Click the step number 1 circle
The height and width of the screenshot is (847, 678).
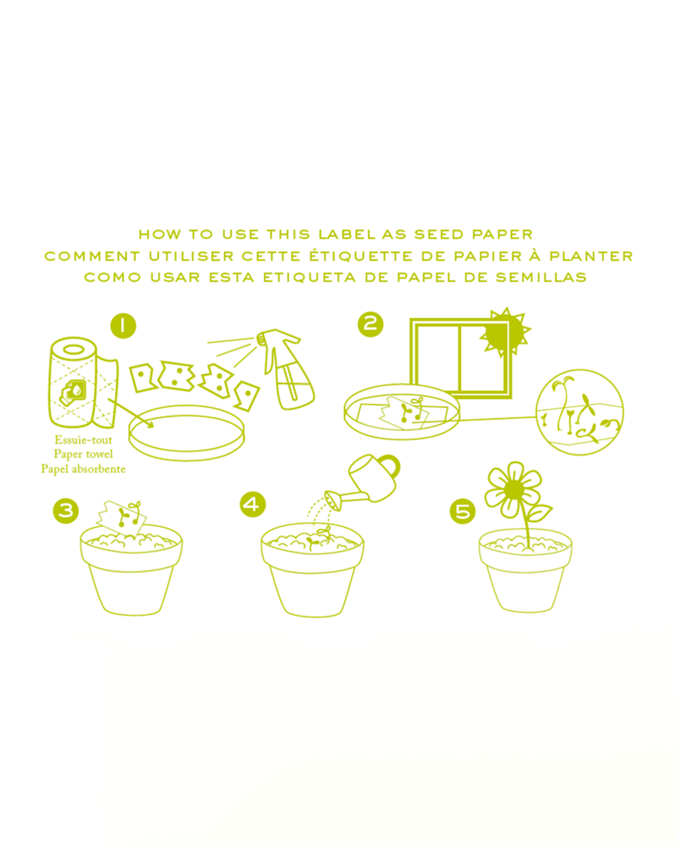(x=123, y=326)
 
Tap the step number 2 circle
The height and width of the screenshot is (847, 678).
(x=370, y=324)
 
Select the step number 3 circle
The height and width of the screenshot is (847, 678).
(x=66, y=511)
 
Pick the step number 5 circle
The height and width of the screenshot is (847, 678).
(x=463, y=512)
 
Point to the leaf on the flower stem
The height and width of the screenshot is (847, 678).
(x=540, y=513)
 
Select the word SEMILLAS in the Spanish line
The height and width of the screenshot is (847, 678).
(x=541, y=277)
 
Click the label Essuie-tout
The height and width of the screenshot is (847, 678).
(x=83, y=440)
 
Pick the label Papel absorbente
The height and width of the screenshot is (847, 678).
(x=83, y=469)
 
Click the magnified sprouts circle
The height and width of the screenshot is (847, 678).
(x=580, y=412)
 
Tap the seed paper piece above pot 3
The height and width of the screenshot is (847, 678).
(x=121, y=516)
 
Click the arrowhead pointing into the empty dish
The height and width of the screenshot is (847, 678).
(x=150, y=424)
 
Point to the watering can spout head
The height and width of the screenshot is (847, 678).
(x=333, y=500)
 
